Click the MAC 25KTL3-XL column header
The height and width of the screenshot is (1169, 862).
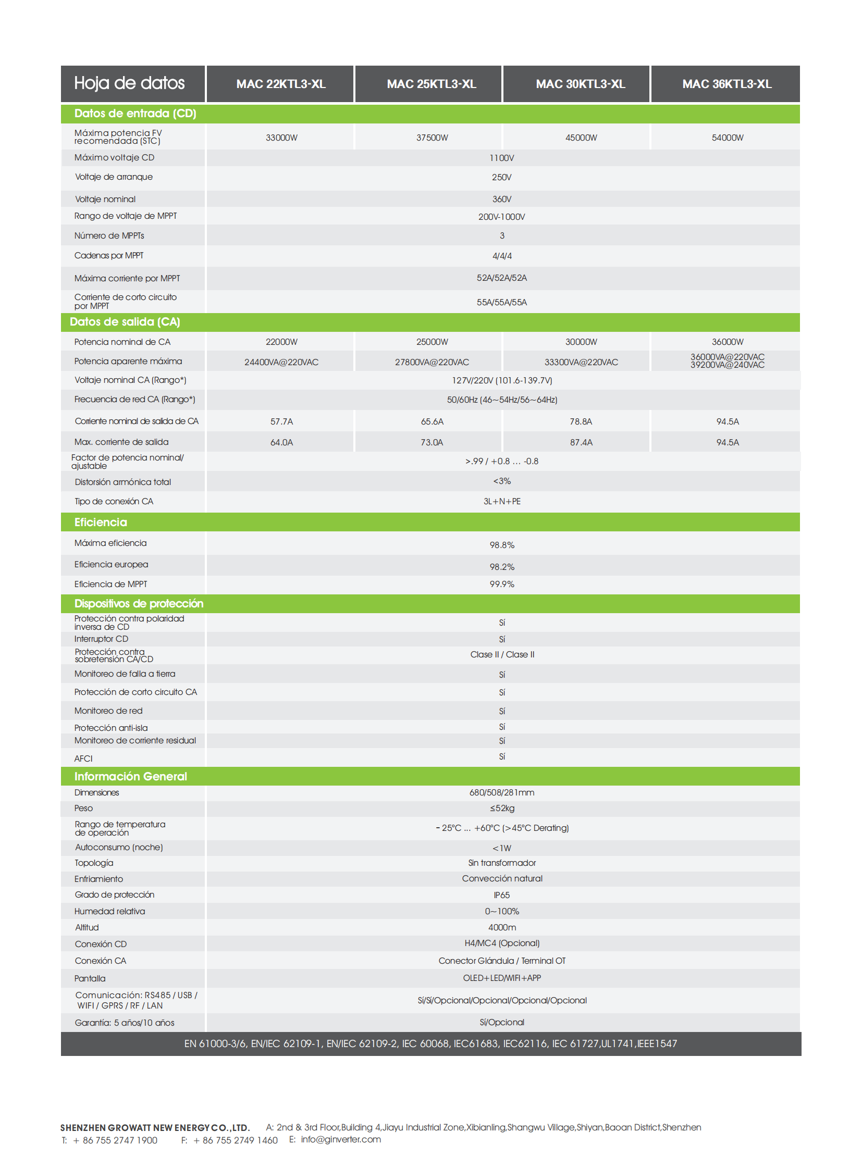point(431,84)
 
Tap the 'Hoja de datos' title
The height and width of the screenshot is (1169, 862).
point(129,83)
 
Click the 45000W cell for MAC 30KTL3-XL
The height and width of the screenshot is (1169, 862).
point(581,138)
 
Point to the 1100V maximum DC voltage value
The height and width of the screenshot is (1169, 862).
point(501,158)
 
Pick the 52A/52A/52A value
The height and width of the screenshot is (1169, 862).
point(501,278)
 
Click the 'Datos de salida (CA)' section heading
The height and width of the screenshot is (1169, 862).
point(125,322)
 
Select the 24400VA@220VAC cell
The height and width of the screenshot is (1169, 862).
point(281,362)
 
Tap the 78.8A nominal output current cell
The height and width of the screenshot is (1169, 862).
point(581,421)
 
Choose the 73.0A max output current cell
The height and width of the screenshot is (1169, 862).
point(432,442)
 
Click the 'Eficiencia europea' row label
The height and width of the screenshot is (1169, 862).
point(111,564)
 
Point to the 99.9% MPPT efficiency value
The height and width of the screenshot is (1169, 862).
point(501,584)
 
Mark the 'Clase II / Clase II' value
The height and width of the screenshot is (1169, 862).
point(502,655)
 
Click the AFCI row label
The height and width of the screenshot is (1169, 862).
point(83,758)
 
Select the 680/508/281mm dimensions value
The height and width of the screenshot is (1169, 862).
point(501,792)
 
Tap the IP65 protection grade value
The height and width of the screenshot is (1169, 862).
point(501,895)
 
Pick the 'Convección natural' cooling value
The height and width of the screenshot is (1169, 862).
point(502,878)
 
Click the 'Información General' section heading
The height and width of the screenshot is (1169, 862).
point(130,776)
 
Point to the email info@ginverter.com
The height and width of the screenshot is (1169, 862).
point(341,1139)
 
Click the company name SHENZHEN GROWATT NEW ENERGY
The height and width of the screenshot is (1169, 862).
point(155,1127)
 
